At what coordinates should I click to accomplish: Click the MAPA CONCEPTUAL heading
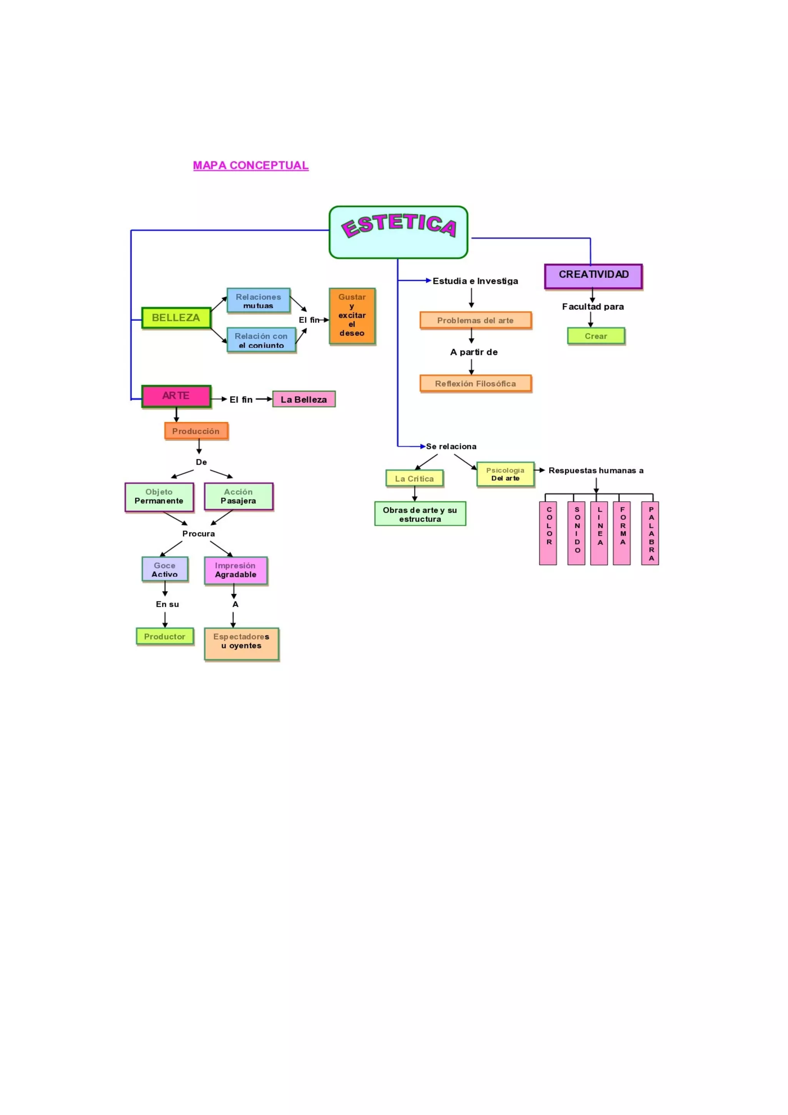coord(250,165)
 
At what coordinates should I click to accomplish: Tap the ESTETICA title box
coord(398,232)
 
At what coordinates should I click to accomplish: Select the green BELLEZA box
coord(176,318)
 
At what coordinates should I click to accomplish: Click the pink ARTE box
coord(176,396)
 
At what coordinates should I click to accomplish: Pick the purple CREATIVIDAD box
coord(593,276)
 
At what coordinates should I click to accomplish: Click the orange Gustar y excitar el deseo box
coord(352,316)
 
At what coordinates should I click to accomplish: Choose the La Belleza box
coord(304,399)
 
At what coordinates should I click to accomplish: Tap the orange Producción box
coord(196,431)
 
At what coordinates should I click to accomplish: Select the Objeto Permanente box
coord(159,497)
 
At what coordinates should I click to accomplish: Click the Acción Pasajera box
coord(239,496)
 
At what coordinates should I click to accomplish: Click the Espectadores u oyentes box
coord(242,644)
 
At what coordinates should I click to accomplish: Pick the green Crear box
coord(596,336)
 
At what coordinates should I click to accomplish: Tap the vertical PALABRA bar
coord(650,533)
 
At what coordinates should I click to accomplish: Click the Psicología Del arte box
coord(506,474)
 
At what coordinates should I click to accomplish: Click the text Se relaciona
coord(451,446)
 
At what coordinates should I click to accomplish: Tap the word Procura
coord(199,534)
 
